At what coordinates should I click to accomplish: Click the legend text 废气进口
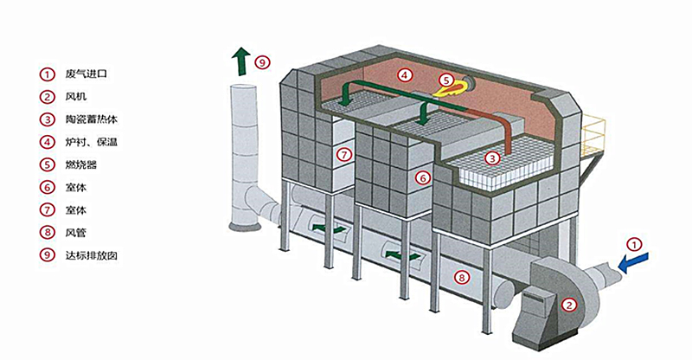pyautogui.click(x=86, y=74)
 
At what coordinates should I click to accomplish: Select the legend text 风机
pyautogui.click(x=75, y=96)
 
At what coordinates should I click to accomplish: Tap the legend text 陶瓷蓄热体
pyautogui.click(x=92, y=119)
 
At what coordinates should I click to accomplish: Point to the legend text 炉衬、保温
pyautogui.click(x=92, y=142)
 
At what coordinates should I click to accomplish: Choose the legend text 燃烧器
pyautogui.click(x=80, y=165)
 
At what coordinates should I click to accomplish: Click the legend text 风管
pyautogui.click(x=75, y=232)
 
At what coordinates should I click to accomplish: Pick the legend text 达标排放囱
pyautogui.click(x=92, y=255)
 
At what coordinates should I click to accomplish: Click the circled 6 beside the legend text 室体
pyautogui.click(x=47, y=187)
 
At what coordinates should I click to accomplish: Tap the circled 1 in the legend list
pyautogui.click(x=47, y=74)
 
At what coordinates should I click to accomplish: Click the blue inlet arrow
pyautogui.click(x=633, y=262)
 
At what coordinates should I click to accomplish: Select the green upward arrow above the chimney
pyautogui.click(x=241, y=61)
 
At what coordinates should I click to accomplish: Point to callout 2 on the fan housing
pyautogui.click(x=569, y=305)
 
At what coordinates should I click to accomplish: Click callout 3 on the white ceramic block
pyautogui.click(x=492, y=157)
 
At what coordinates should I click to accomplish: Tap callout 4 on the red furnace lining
pyautogui.click(x=404, y=75)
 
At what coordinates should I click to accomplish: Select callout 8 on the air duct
pyautogui.click(x=461, y=278)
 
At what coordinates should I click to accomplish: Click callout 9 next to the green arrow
pyautogui.click(x=263, y=62)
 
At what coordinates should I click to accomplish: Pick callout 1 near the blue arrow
pyautogui.click(x=634, y=244)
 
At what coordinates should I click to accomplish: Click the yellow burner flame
pyautogui.click(x=452, y=88)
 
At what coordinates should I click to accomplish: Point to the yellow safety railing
pyautogui.click(x=593, y=135)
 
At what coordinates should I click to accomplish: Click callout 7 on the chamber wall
pyautogui.click(x=344, y=155)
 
